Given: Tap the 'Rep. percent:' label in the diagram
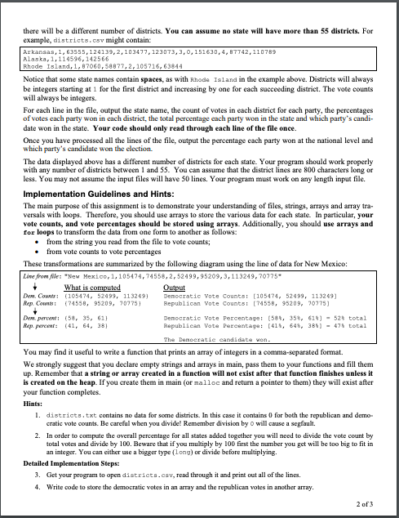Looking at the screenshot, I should point(32,321).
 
